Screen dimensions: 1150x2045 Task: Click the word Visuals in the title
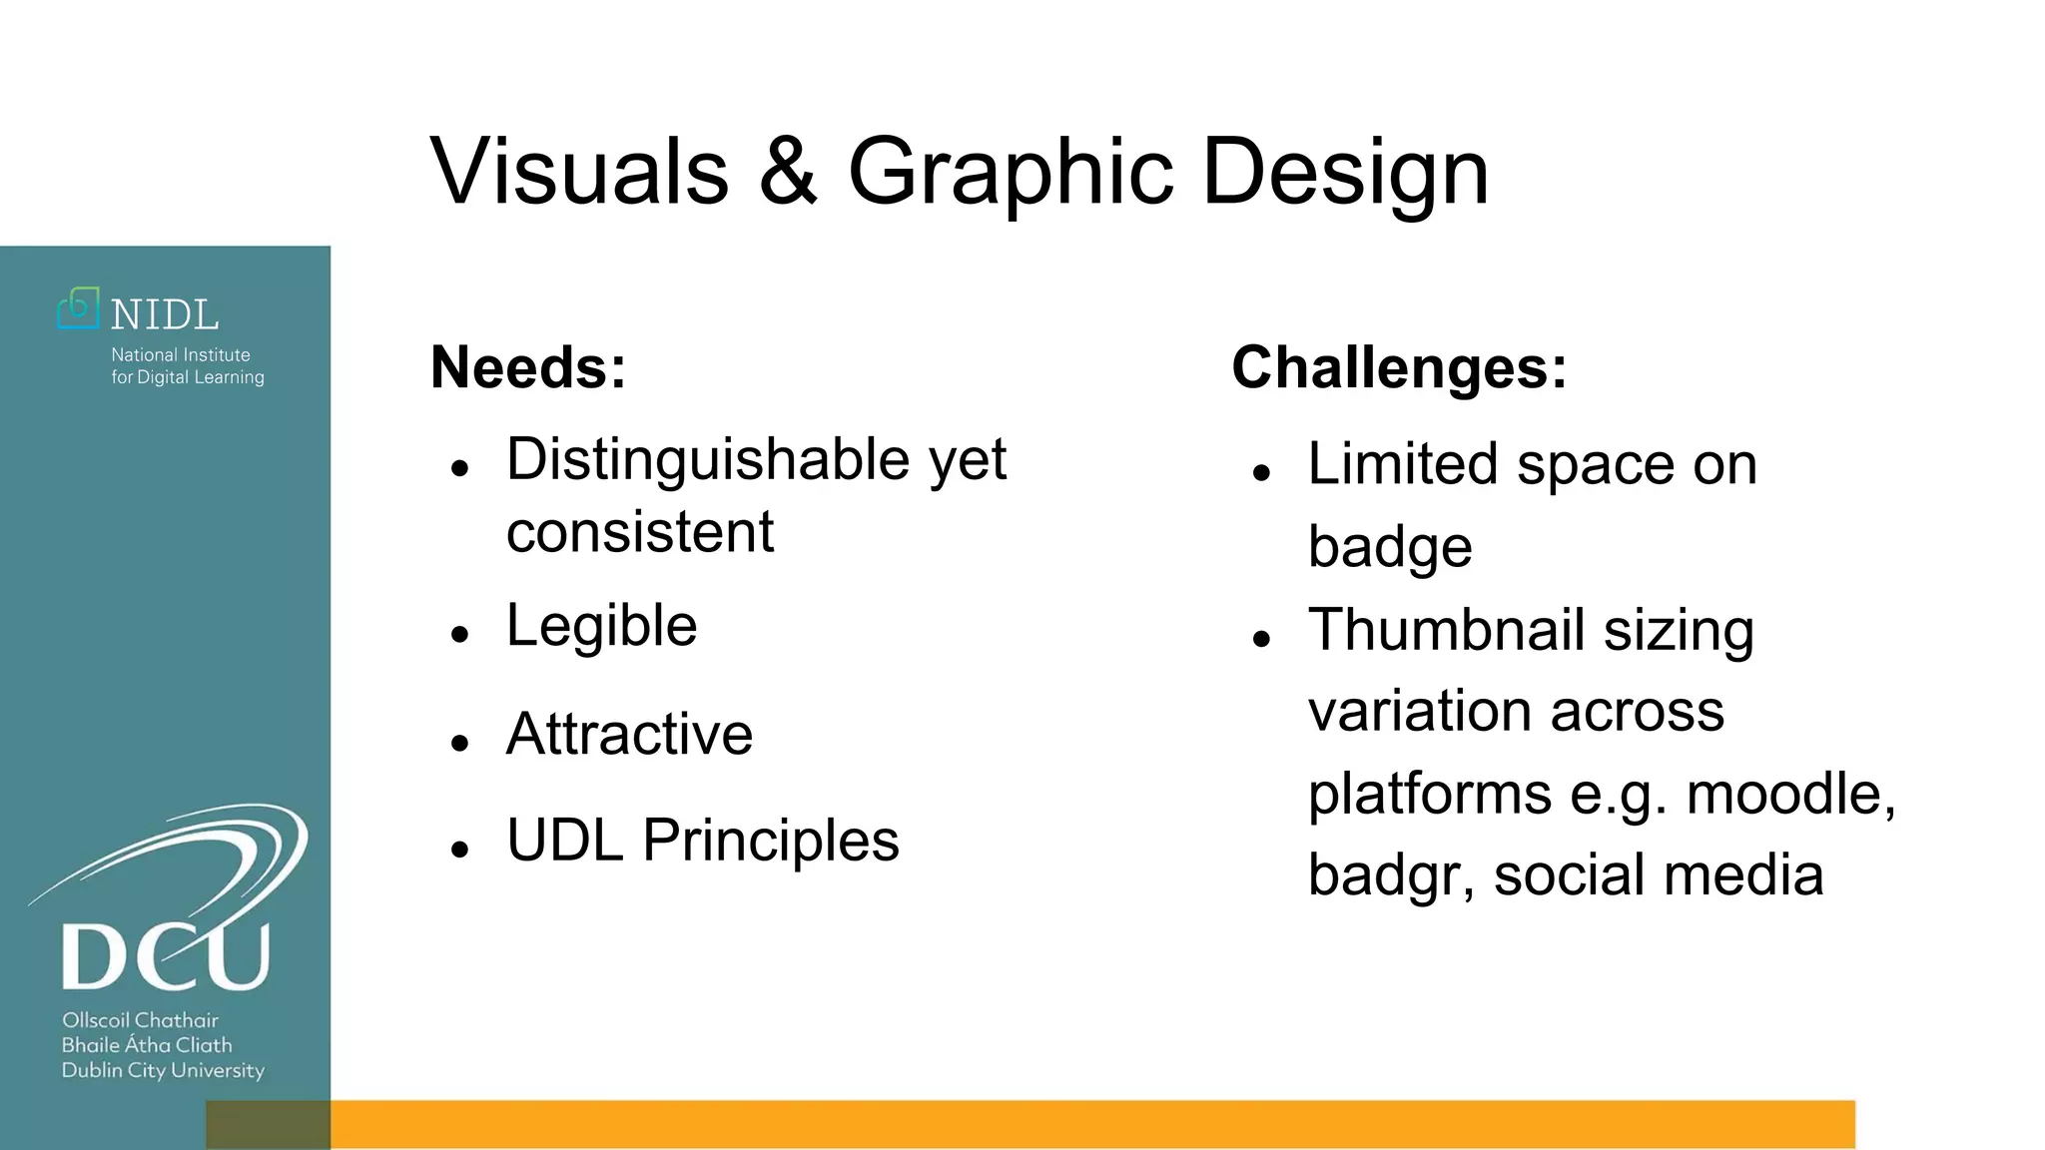coord(579,172)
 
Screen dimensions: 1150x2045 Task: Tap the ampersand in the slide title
coord(788,172)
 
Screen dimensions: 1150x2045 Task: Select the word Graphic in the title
coord(1010,172)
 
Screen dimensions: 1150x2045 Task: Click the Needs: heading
coord(528,367)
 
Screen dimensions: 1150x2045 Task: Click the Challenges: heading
coord(1399,367)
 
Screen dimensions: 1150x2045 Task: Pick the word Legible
coord(601,626)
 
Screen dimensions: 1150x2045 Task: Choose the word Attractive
coord(629,734)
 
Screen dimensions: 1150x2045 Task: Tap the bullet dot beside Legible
coord(459,634)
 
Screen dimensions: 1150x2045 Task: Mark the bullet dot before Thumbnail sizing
coord(1261,638)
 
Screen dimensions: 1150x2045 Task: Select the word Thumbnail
coord(1447,630)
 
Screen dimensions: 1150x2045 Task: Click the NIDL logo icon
coord(79,308)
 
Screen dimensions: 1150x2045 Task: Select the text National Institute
coord(181,354)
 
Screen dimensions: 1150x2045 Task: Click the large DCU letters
coord(166,955)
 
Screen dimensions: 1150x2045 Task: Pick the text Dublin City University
coord(163,1070)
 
